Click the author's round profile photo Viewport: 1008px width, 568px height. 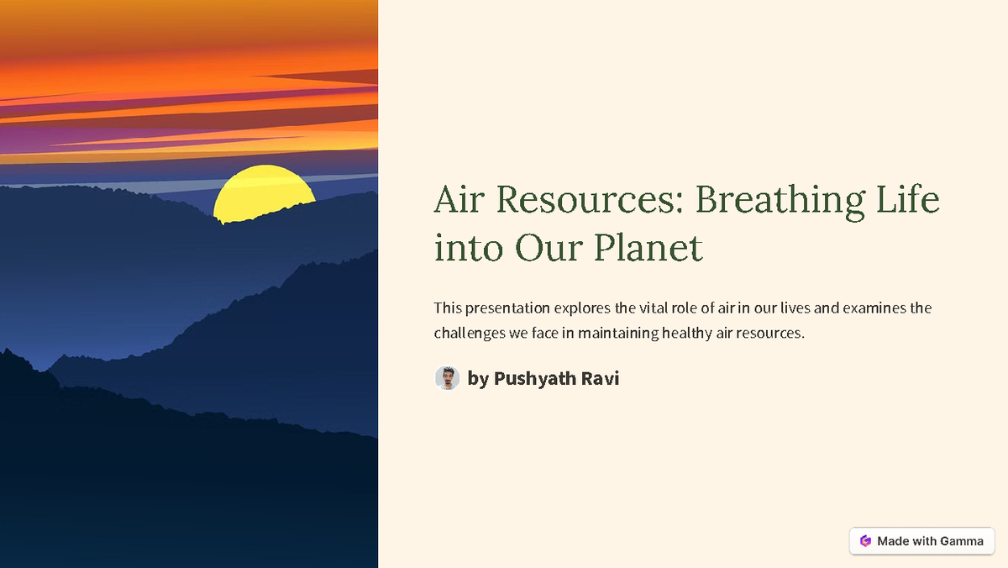[447, 378]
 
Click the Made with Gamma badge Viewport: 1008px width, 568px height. [921, 541]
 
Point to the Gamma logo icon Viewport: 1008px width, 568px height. [865, 541]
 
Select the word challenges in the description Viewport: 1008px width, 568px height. [469, 334]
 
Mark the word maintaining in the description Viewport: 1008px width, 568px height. [617, 334]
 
